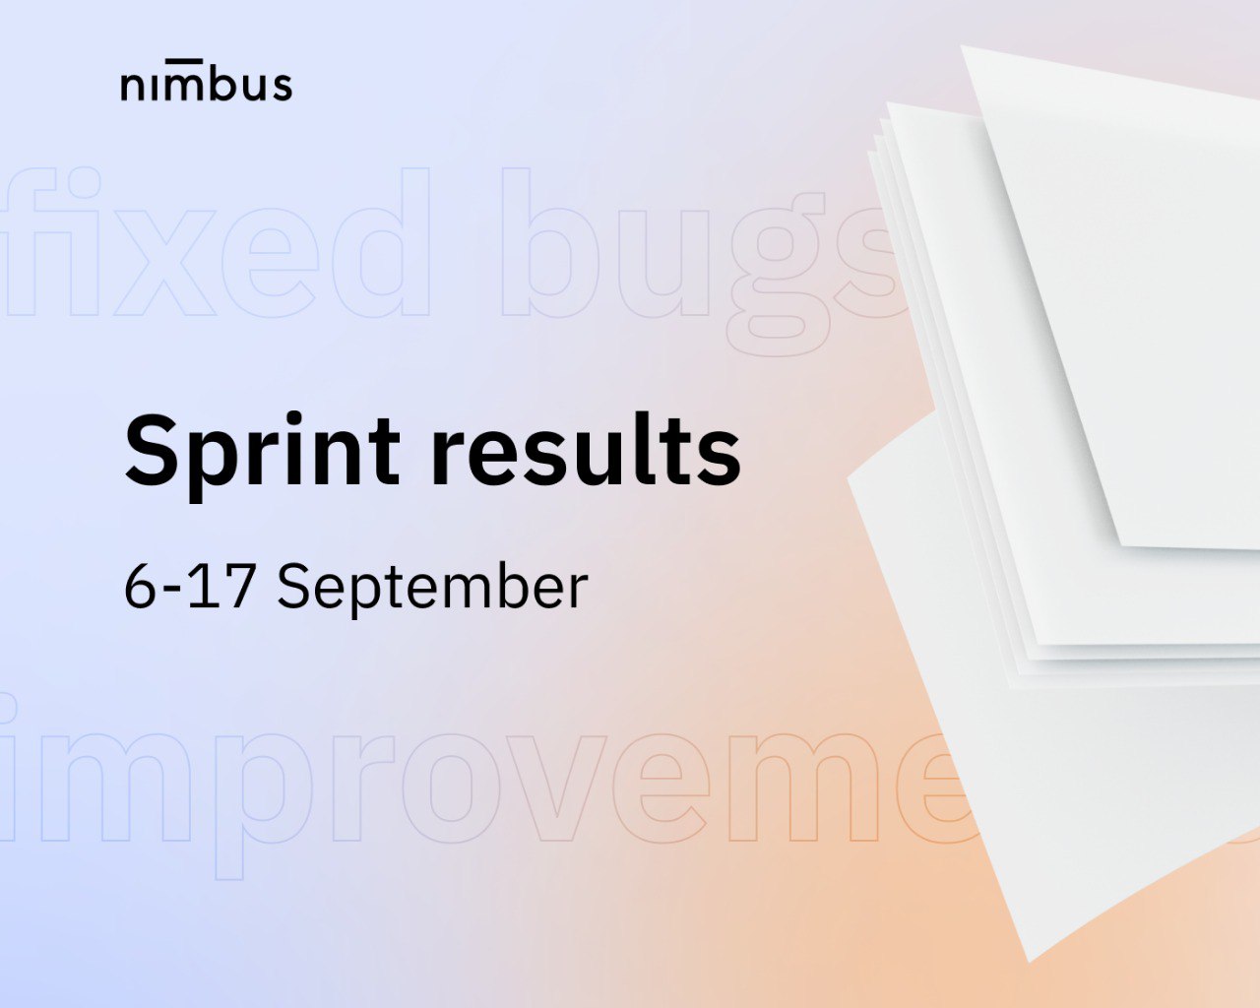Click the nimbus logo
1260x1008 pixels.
[206, 81]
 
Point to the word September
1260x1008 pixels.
[433, 587]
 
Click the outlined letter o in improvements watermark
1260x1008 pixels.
[452, 787]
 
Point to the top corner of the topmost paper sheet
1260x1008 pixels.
[962, 45]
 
